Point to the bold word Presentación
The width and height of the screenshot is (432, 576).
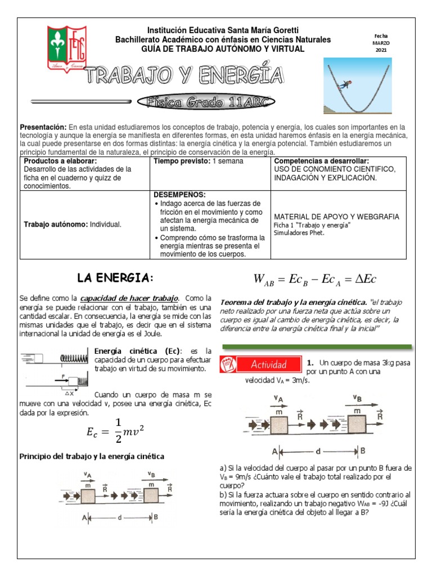coord(43,128)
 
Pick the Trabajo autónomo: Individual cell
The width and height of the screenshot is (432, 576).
coord(72,224)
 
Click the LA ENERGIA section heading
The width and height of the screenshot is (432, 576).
coord(115,278)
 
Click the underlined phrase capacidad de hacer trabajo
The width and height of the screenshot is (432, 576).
coord(129,298)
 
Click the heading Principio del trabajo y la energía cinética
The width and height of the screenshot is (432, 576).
coord(92,456)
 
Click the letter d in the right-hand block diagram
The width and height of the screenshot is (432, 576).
coord(319,450)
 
